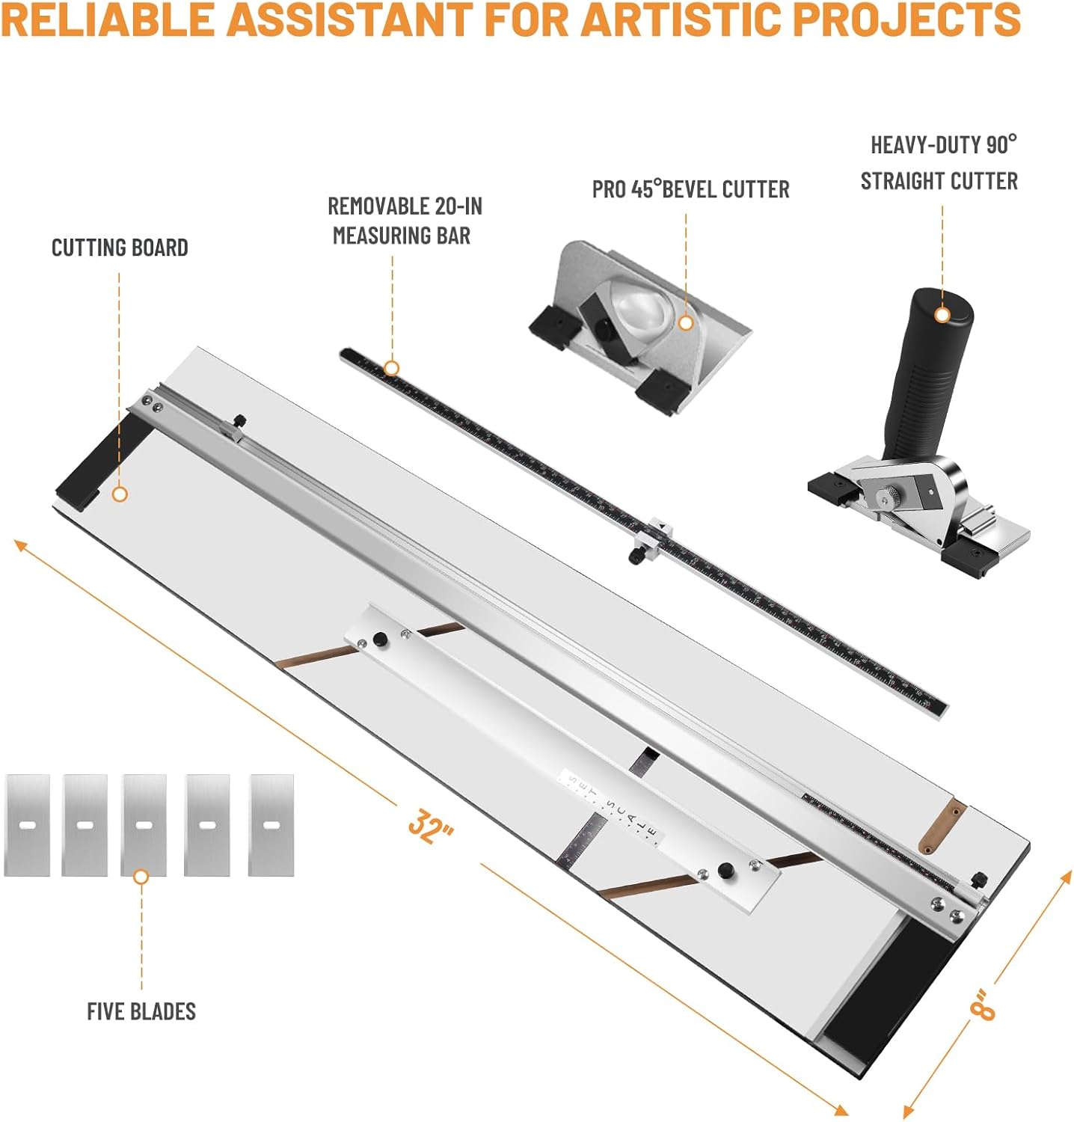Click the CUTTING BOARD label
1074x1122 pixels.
(120, 248)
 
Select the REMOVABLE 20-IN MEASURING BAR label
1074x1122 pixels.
(404, 221)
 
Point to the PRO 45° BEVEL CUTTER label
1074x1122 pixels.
(690, 189)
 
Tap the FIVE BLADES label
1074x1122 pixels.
(141, 1011)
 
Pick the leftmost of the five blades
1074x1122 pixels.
(28, 825)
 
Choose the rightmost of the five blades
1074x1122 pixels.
(271, 825)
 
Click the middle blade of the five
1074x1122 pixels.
(144, 825)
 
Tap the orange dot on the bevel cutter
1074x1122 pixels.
(686, 323)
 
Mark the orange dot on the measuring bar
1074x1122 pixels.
(391, 368)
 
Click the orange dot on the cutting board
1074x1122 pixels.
(119, 494)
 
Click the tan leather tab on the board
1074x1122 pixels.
(942, 826)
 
